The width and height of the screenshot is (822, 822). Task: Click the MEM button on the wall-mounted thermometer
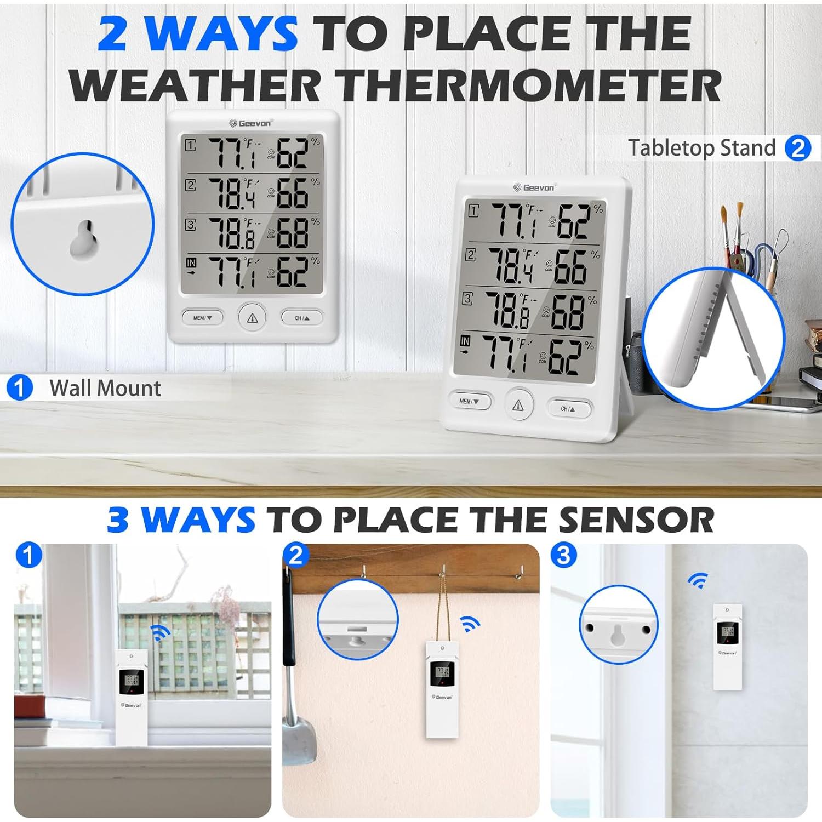(x=202, y=318)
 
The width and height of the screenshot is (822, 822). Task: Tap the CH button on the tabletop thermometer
(x=569, y=409)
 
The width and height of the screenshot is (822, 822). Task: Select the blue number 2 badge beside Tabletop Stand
(x=798, y=148)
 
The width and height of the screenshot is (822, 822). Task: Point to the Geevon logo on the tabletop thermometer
(x=534, y=187)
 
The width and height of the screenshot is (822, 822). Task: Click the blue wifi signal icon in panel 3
(x=698, y=580)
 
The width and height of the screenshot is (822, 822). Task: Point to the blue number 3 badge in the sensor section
(x=563, y=555)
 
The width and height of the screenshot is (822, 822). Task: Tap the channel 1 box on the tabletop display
(x=473, y=210)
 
